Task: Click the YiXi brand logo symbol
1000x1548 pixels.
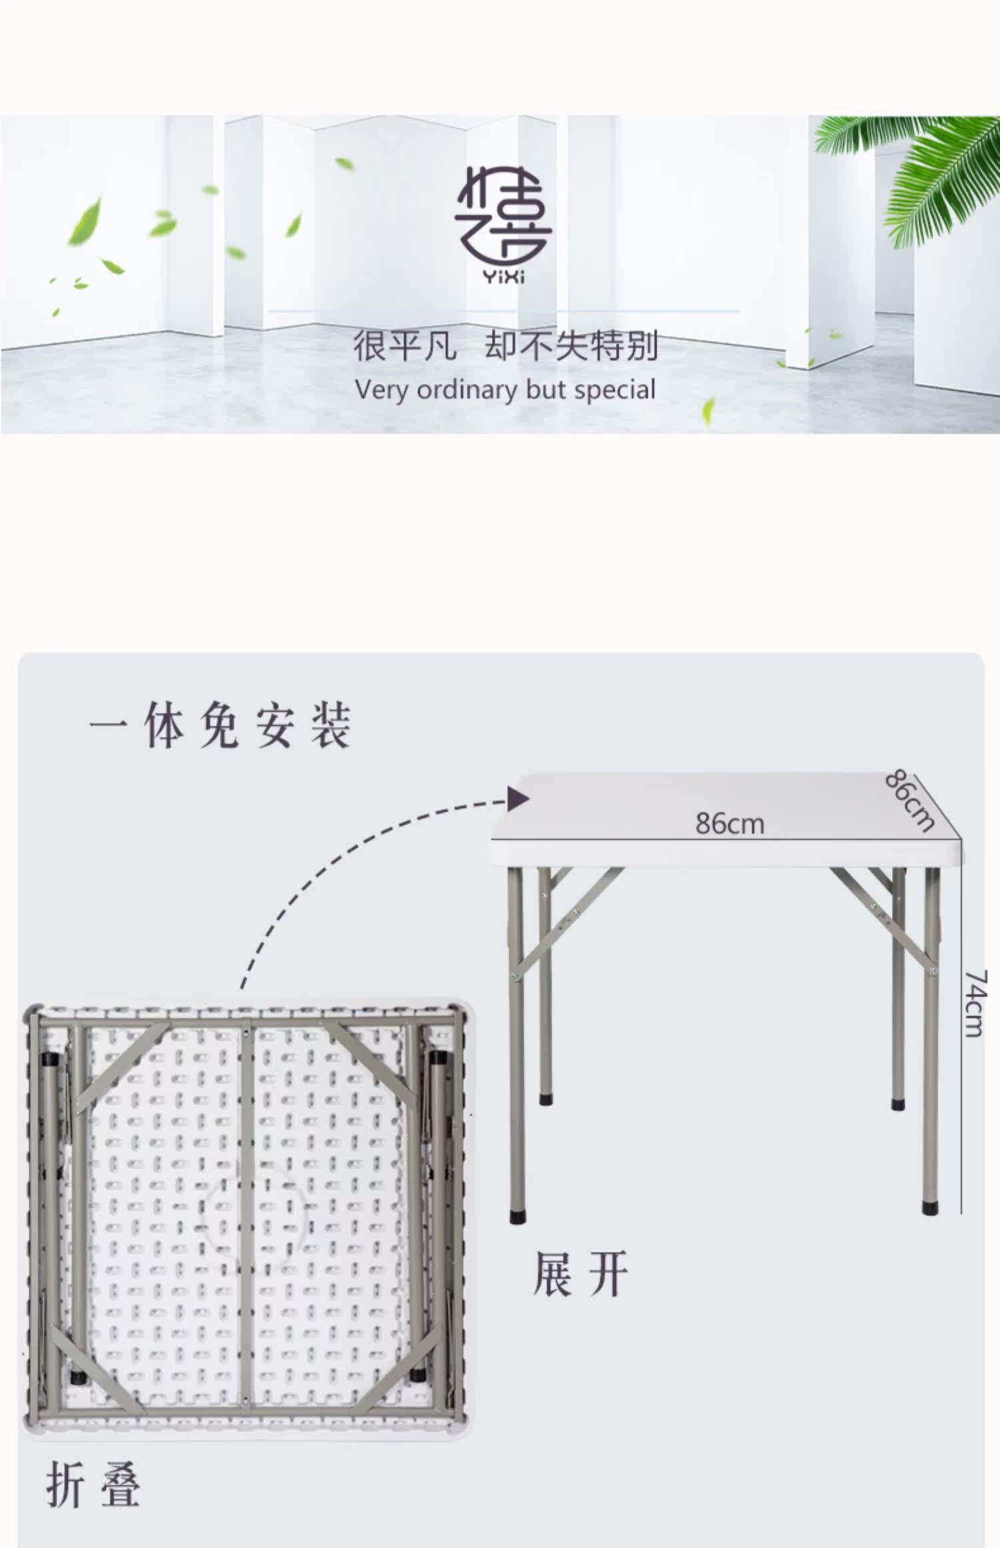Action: pos(503,216)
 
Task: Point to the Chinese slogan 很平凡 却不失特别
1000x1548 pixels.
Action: pos(505,345)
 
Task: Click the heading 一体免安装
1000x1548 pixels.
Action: pos(220,725)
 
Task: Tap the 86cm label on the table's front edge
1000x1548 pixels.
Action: pos(729,824)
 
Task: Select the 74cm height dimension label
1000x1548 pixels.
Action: pos(975,1003)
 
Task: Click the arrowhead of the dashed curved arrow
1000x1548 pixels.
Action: pos(517,799)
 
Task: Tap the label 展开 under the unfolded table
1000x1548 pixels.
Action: pos(580,1275)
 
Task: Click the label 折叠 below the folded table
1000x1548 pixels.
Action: pos(93,1485)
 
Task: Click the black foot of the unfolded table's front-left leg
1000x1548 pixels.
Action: pos(517,1217)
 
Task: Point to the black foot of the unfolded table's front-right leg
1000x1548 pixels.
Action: pos(931,1207)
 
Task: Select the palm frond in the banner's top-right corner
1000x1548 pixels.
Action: pos(933,173)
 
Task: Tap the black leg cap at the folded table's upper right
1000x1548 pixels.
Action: pos(437,1058)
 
